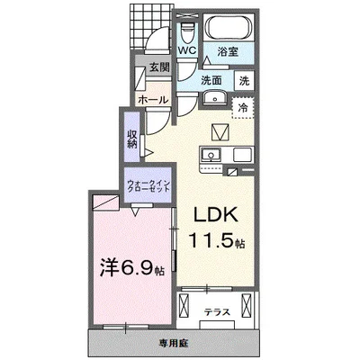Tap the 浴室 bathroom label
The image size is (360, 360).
tap(229, 53)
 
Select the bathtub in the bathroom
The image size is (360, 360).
tap(228, 27)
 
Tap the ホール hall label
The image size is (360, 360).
tap(152, 99)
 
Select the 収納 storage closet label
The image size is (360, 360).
tap(132, 140)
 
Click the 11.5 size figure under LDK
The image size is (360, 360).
tap(212, 241)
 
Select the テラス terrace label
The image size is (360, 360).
tap(216, 311)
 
